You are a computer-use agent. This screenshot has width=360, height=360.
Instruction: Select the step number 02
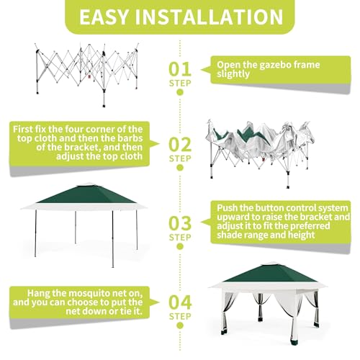click(x=180, y=144)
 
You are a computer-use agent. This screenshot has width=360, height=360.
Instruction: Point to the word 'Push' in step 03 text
click(x=228, y=207)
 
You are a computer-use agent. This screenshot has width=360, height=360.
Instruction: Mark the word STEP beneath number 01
click(x=180, y=84)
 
